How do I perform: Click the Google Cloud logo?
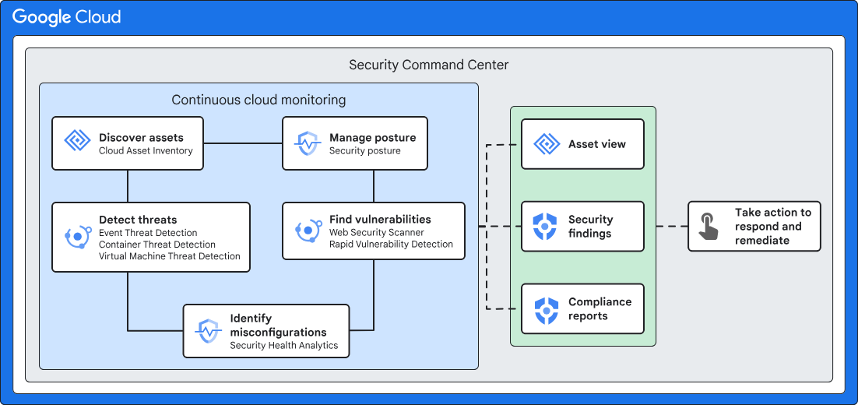[66, 17]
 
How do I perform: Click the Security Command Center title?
[428, 65]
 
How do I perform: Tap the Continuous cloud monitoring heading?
[258, 100]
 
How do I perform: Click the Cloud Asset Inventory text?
[146, 150]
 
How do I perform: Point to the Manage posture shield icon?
[308, 143]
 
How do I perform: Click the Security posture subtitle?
[364, 150]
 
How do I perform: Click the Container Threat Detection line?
[157, 245]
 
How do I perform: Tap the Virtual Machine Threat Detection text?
[170, 256]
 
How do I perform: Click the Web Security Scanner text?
[377, 232]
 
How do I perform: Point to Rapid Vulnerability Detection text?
[391, 244]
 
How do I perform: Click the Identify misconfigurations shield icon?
[208, 331]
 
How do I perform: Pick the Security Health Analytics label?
[283, 345]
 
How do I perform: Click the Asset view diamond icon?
[547, 144]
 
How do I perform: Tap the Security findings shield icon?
[547, 227]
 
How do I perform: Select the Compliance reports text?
[600, 309]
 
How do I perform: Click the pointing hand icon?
[709, 227]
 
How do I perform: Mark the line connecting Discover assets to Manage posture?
[243, 143]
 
